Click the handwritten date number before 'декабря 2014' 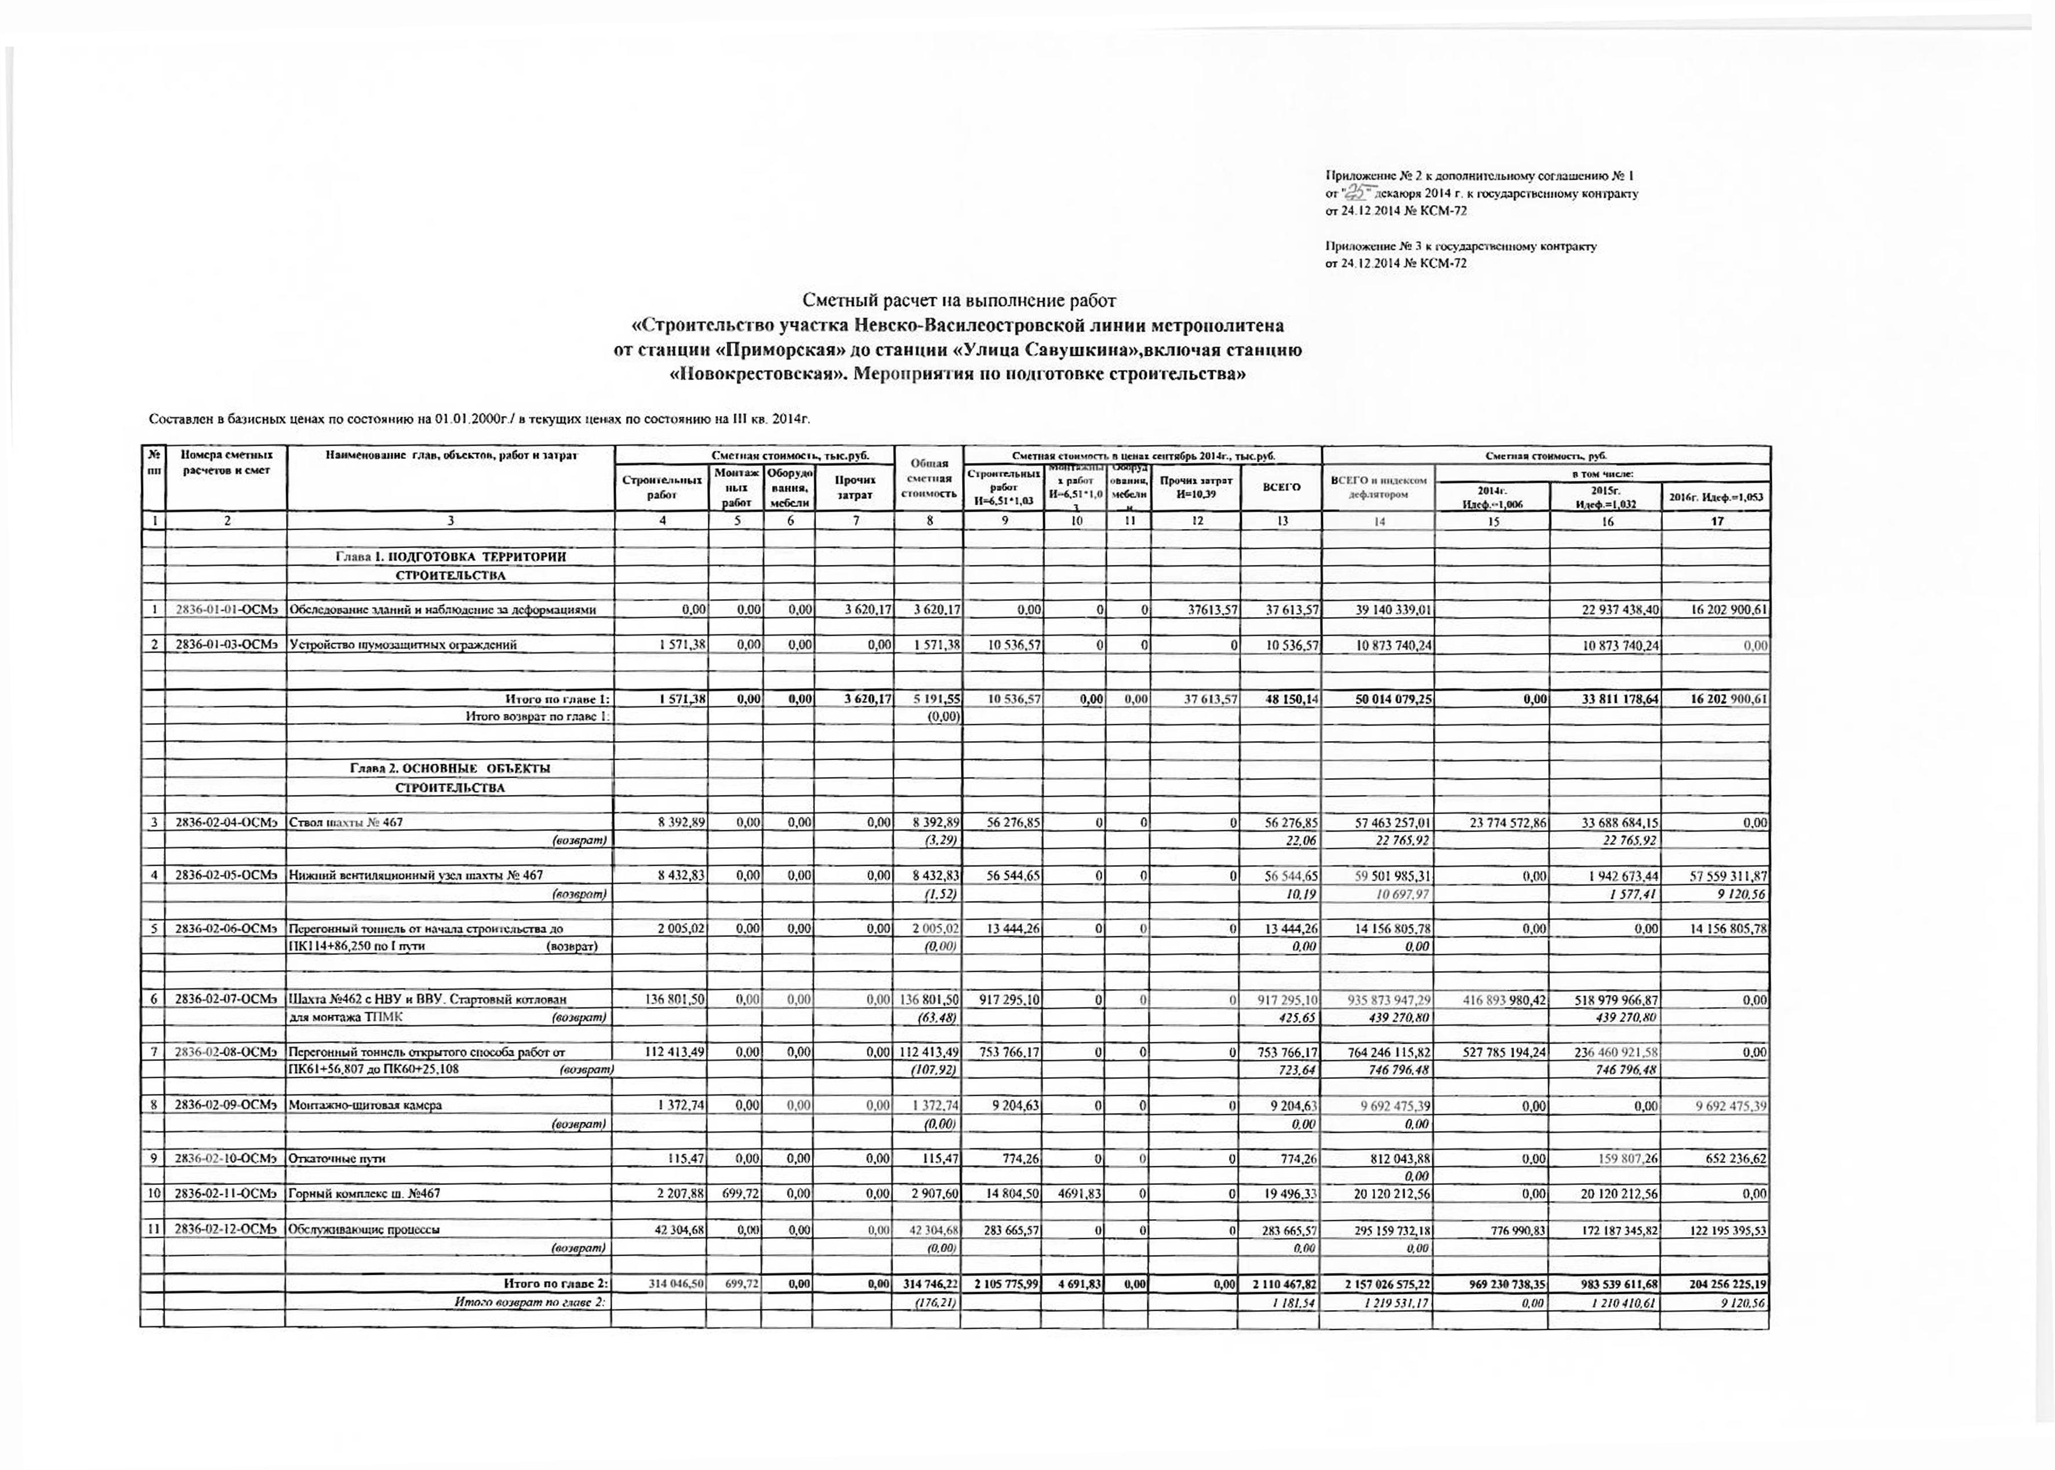[1357, 192]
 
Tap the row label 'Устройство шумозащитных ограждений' [403, 645]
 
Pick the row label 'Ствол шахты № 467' [346, 823]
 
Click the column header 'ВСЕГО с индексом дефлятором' [1378, 487]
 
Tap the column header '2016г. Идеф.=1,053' [1716, 497]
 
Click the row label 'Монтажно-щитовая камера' [365, 1105]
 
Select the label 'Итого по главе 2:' [555, 1283]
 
